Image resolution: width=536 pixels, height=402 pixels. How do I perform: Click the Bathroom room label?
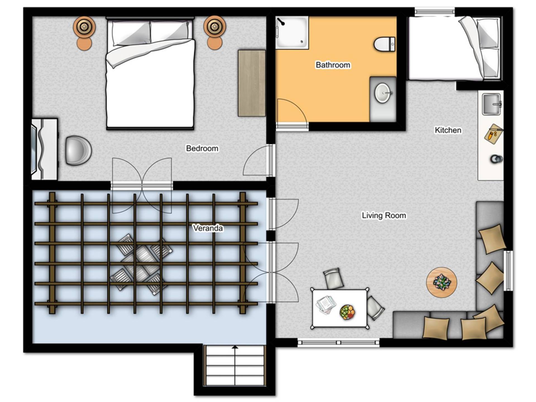(333, 65)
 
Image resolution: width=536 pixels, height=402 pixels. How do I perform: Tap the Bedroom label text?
(202, 148)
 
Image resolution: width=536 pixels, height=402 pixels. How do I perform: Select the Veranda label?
(208, 228)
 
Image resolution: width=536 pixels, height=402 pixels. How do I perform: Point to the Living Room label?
(384, 216)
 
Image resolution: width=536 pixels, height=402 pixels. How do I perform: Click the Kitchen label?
(448, 130)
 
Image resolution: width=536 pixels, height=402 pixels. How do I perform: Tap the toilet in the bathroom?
(384, 44)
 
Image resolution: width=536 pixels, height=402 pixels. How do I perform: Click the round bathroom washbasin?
(383, 93)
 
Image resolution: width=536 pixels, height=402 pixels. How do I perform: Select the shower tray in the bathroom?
(292, 33)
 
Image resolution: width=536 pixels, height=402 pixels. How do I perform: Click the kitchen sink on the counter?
(492, 104)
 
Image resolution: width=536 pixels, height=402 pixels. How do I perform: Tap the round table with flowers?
(441, 282)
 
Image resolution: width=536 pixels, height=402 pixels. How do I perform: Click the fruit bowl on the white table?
(347, 312)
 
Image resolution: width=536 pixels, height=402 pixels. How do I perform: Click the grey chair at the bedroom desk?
(78, 150)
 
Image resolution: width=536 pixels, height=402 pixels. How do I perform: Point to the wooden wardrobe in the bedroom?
(252, 83)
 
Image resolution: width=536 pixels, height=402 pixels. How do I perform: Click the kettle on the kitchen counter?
(496, 159)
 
